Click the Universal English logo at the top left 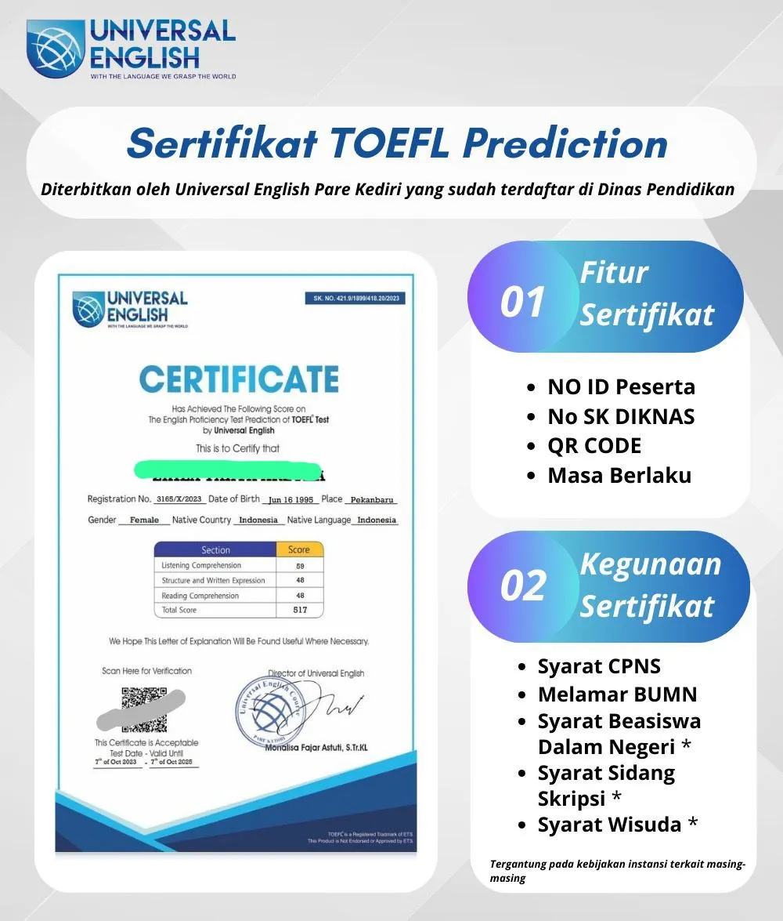(131, 49)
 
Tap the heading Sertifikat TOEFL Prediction (397, 143)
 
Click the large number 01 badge (522, 302)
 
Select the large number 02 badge (522, 585)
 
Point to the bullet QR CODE (594, 445)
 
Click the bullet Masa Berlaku (619, 475)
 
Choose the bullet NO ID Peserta (621, 386)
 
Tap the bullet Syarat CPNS (599, 666)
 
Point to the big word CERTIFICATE (239, 379)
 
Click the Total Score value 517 (299, 610)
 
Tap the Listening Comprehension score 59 (299, 565)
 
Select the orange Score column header (299, 549)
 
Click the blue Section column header (215, 549)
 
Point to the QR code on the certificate (144, 709)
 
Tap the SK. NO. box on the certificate (354, 299)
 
